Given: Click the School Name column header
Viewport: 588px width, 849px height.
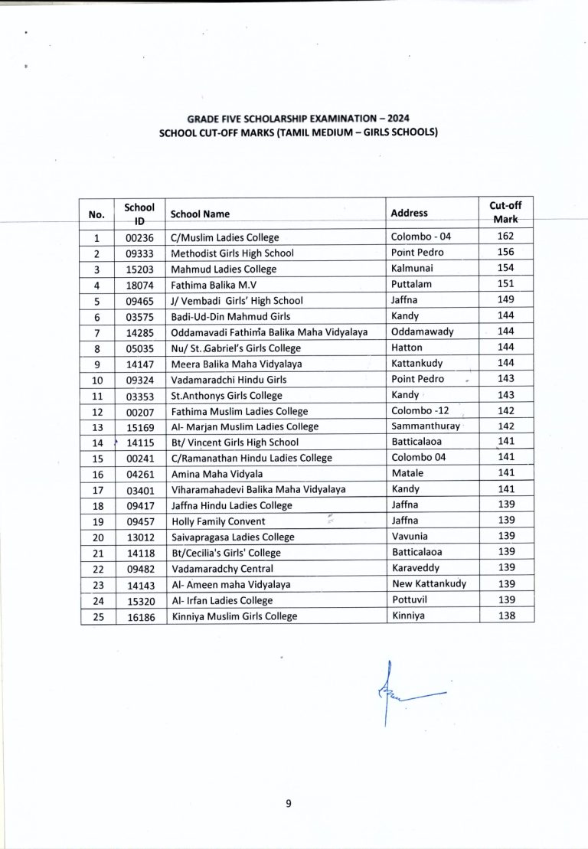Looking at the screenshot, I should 200,214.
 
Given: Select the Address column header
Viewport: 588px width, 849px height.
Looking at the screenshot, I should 409,213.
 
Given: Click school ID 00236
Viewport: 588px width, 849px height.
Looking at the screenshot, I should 139,238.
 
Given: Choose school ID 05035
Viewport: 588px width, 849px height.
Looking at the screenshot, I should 139,347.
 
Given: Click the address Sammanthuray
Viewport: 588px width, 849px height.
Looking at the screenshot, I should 424,426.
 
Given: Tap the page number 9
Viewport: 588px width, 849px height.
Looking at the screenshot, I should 289,803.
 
